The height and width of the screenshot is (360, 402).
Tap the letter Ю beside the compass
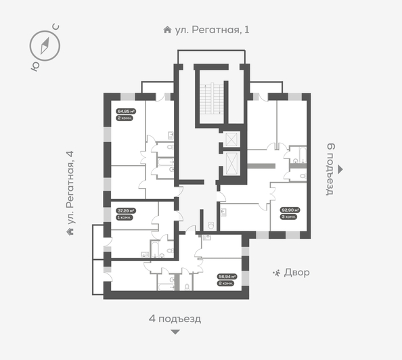33,66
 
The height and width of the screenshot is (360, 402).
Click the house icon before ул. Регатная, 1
167,30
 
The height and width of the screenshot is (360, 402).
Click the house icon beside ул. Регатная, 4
70,231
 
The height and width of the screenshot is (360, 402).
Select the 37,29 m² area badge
125,210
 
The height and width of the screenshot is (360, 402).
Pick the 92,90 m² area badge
290,210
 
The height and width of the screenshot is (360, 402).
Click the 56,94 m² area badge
225,276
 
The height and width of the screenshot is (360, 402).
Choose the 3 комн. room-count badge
290,217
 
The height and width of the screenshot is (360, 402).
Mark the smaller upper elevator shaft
231,138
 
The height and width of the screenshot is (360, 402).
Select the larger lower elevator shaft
231,164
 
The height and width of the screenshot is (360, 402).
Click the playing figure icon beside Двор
276,273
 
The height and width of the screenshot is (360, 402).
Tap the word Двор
297,273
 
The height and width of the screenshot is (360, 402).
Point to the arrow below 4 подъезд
175,332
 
